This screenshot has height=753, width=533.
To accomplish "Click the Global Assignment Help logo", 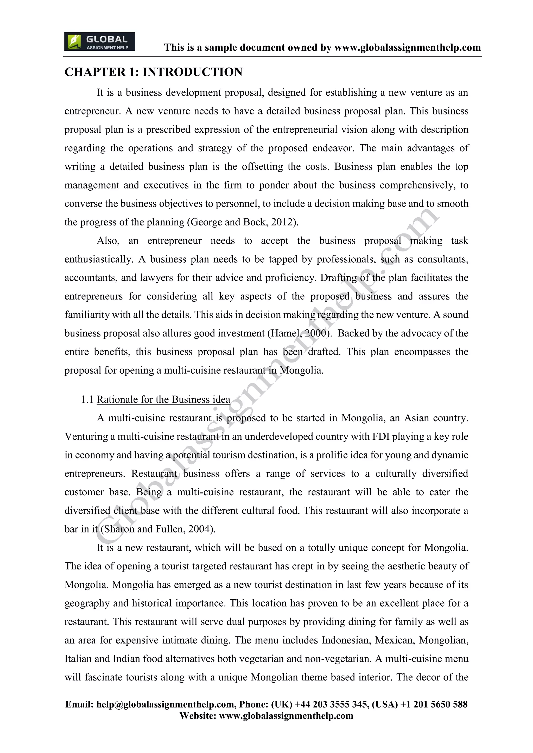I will point(99,42).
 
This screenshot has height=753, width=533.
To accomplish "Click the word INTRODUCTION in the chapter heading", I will point(192,72).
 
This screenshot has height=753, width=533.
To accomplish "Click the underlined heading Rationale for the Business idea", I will point(163,399).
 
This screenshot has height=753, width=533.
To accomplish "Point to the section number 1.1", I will point(87,399).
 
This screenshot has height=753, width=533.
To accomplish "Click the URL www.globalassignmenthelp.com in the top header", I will point(407,48).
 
